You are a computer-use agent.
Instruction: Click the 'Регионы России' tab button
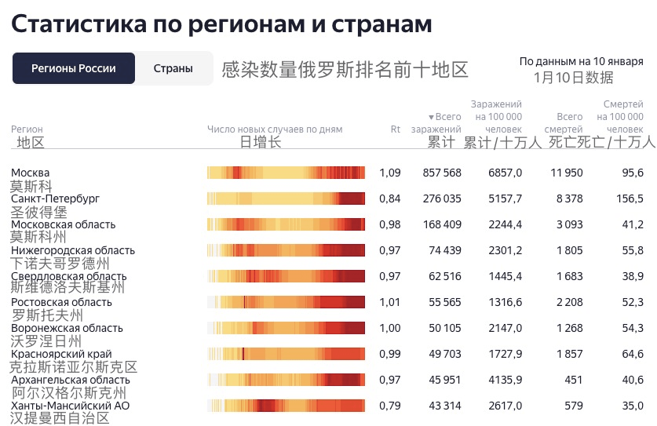[74, 68]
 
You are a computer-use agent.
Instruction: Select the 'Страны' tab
[173, 68]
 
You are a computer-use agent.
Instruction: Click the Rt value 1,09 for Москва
[390, 173]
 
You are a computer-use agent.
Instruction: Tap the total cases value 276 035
[442, 198]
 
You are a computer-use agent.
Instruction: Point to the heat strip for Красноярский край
[286, 354]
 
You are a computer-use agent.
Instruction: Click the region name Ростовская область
[61, 302]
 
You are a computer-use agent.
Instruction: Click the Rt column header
[396, 129]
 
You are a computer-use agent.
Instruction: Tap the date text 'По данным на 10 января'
[582, 61]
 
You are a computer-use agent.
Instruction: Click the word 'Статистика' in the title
[77, 24]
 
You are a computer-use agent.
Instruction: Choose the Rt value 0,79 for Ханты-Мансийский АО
[390, 406]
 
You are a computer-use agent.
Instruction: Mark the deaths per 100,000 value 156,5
[630, 198]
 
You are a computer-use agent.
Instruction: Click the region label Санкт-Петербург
[55, 198]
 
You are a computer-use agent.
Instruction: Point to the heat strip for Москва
[286, 173]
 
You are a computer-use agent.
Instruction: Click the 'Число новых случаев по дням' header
[275, 129]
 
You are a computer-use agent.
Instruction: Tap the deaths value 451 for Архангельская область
[574, 380]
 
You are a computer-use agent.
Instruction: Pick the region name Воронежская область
[67, 328]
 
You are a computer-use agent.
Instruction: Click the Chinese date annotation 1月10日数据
[573, 77]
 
